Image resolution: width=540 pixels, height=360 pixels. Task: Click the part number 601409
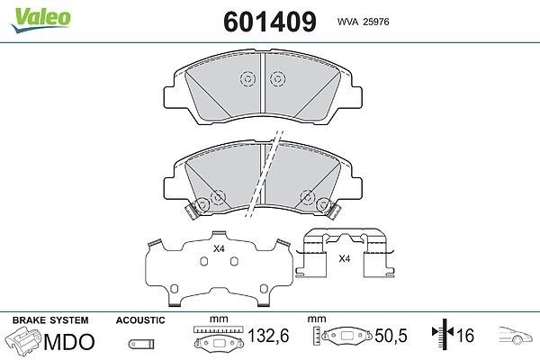coord(270,22)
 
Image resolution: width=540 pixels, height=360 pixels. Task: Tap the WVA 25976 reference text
coord(363,22)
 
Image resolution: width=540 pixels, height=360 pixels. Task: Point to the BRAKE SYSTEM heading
coord(50,320)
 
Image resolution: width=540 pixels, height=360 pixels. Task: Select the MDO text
coord(69,342)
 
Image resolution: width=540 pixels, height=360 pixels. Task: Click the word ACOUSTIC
coord(140,320)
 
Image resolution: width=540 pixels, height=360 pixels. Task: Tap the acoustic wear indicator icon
coord(141,344)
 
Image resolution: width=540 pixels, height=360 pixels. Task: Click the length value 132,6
coord(268,336)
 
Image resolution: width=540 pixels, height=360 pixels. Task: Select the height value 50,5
coord(391,336)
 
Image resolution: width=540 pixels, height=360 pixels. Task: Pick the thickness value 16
coord(465,336)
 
